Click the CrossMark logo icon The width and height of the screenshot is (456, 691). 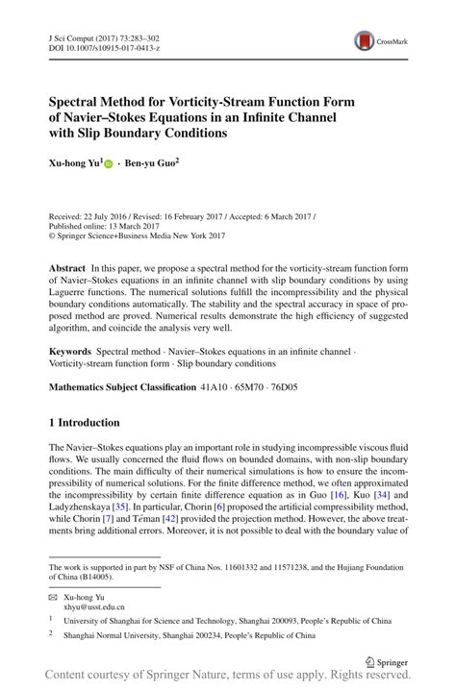pyautogui.click(x=365, y=40)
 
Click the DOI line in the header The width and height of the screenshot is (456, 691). pyautogui.click(x=102, y=44)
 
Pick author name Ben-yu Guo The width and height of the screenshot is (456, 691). pyautogui.click(x=151, y=164)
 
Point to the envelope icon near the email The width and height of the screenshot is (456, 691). pyautogui.click(x=55, y=597)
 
